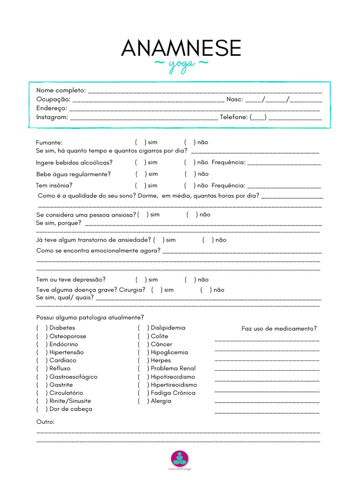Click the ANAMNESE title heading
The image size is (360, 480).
coord(181,48)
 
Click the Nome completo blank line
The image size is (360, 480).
coord(205,91)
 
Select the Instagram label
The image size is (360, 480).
coord(52,117)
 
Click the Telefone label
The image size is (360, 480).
coord(233,117)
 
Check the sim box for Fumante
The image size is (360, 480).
coord(140,142)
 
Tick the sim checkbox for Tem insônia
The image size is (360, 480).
coord(140,186)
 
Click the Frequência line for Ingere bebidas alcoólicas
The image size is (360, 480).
coord(284,164)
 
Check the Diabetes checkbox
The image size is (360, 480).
coord(41,328)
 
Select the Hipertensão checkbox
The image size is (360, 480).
coord(41,352)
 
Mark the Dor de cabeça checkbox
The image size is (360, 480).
coord(41,409)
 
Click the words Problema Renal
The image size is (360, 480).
coord(173,368)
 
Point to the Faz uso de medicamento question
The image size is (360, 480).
coord(279,329)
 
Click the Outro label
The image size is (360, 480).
coord(45,422)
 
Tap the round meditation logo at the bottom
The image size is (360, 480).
coord(180,457)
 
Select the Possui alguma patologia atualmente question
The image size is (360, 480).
coord(90,317)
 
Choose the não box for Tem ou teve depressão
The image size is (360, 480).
coord(189,280)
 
